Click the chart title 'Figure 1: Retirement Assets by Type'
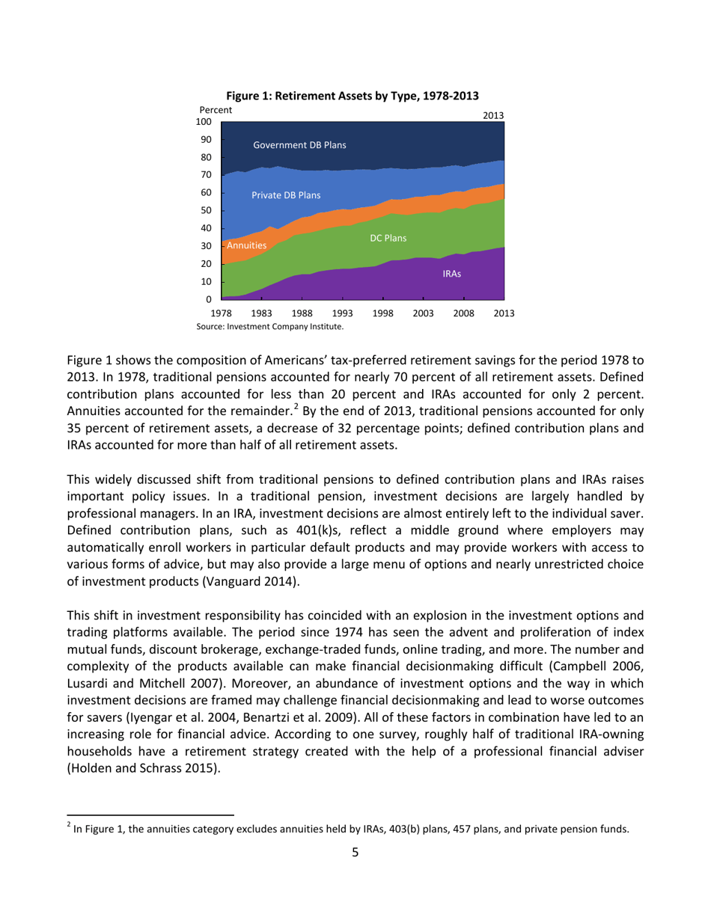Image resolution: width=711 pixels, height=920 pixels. [352, 96]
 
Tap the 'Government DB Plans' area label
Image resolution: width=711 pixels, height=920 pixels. [299, 144]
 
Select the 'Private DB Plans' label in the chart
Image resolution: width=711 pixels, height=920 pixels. [286, 195]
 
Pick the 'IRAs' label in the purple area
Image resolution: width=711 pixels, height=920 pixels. [451, 275]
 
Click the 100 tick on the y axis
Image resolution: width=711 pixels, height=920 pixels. [204, 122]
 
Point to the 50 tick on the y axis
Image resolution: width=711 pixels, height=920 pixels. [207, 211]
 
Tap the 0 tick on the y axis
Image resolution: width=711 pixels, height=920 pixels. [210, 300]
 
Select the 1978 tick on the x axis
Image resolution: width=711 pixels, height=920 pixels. [222, 313]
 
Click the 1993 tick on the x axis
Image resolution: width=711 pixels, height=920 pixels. [342, 313]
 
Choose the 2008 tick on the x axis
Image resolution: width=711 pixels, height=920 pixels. [463, 313]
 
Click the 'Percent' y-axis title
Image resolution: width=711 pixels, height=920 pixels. [216, 110]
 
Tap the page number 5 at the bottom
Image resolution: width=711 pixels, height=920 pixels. [355, 852]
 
